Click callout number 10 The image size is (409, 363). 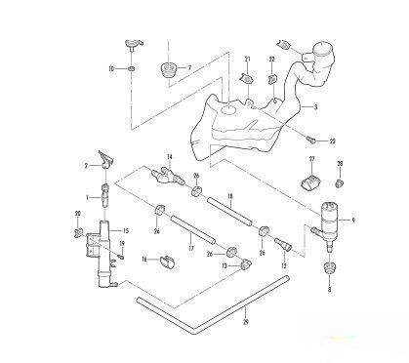(110, 68)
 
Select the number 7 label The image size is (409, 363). (188, 68)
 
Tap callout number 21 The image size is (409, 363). (248, 60)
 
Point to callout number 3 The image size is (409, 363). (315, 105)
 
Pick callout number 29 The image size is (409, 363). (245, 321)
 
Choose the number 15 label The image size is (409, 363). (125, 231)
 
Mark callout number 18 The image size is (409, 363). (229, 198)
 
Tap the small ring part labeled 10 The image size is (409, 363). (130, 69)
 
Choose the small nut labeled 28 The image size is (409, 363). (338, 181)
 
